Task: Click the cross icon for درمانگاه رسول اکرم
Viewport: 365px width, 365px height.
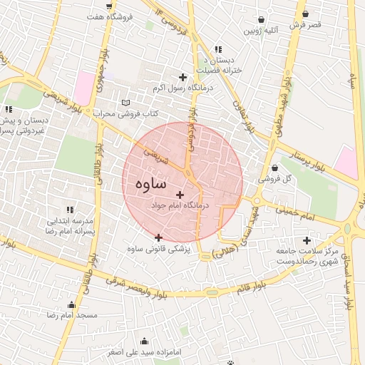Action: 182,77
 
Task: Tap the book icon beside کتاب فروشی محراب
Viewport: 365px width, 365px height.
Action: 126,103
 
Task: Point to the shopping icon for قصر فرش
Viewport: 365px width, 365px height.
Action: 306,14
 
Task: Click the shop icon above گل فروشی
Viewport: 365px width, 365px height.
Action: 275,168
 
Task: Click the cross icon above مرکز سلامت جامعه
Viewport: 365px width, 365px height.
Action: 307,240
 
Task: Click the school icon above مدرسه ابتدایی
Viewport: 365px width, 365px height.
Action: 70,210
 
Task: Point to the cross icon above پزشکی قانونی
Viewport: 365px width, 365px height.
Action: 158,237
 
